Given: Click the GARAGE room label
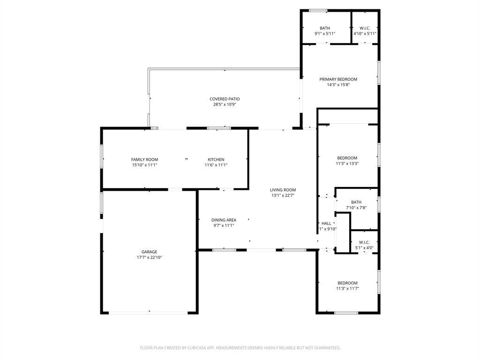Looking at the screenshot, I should click(x=150, y=252).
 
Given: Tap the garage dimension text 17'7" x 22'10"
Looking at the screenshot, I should click(x=150, y=257).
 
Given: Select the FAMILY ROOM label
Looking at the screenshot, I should click(x=144, y=159).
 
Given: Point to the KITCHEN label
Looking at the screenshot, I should click(x=216, y=159).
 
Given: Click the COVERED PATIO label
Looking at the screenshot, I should click(x=225, y=99).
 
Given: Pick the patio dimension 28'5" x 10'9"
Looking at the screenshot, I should click(x=225, y=105).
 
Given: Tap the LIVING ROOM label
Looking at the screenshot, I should click(x=283, y=190).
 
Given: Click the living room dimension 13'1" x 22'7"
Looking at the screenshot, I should click(x=283, y=195).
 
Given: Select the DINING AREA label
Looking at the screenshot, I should click(x=224, y=220).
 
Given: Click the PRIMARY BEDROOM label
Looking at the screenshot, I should click(x=338, y=79).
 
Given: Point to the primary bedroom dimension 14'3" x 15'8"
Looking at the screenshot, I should click(x=338, y=85).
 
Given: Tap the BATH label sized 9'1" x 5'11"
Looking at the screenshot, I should click(x=325, y=28).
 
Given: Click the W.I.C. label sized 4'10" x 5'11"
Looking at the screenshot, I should click(x=365, y=28).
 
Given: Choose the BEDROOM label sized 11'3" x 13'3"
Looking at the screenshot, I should click(x=347, y=158).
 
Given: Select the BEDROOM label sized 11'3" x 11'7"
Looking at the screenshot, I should click(x=347, y=283).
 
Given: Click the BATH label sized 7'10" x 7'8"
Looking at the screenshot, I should click(x=356, y=202).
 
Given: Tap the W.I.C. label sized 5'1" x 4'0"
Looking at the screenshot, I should click(x=364, y=242).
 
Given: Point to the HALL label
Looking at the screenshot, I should click(x=326, y=223).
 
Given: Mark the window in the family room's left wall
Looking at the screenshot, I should click(x=102, y=156).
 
